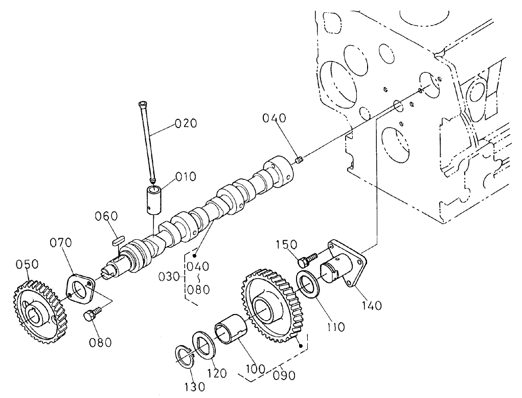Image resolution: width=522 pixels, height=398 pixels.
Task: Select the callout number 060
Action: tap(106, 217)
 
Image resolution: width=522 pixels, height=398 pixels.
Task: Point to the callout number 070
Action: tap(61, 242)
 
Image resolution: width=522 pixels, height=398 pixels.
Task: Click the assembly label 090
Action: tap(284, 375)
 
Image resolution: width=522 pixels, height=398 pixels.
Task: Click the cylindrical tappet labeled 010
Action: tap(153, 200)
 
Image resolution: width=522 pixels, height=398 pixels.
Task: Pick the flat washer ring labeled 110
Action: tap(309, 283)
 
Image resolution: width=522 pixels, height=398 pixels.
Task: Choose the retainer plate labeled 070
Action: tap(81, 289)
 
